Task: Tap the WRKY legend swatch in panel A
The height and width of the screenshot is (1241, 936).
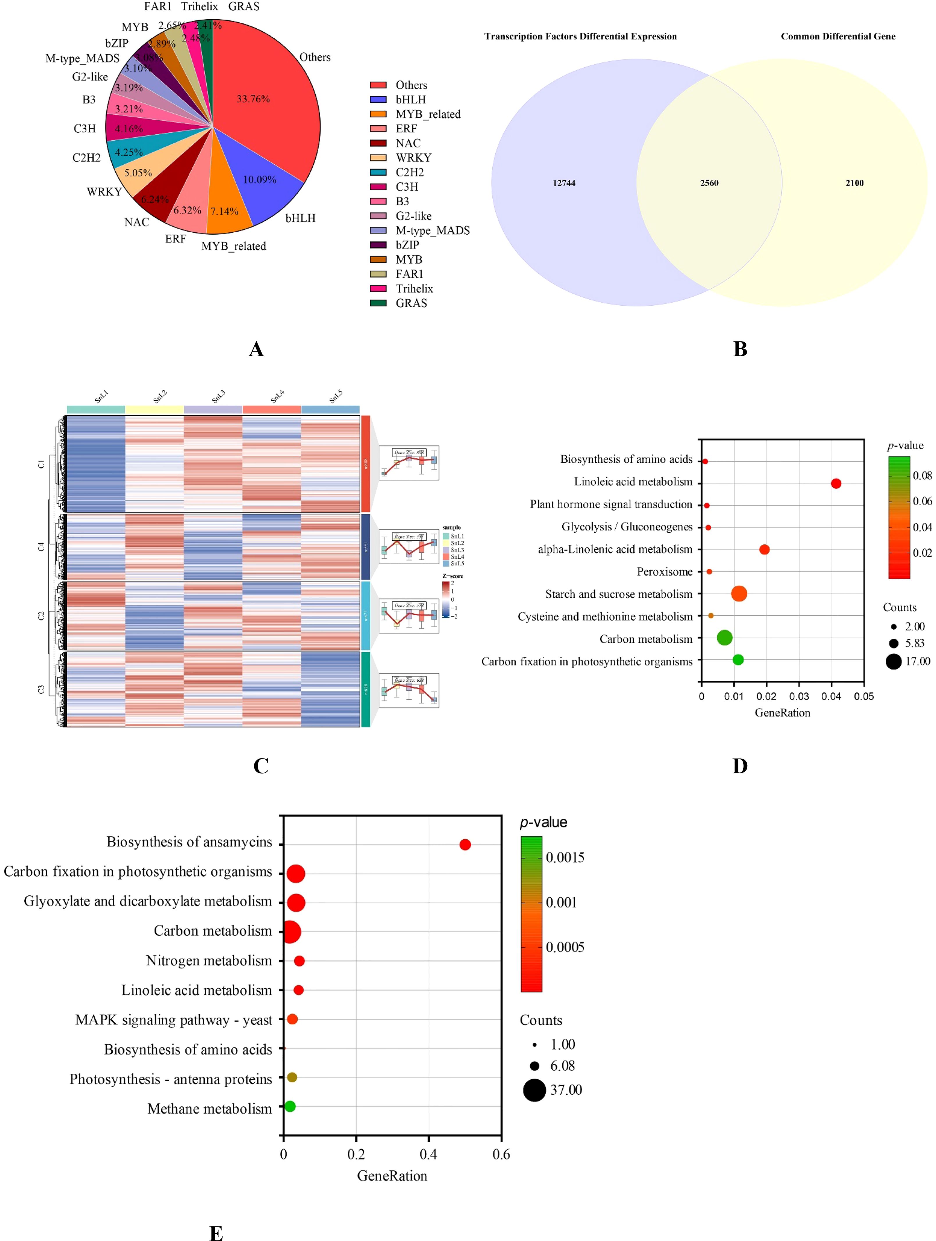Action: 378,158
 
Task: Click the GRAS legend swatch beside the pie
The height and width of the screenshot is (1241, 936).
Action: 378,303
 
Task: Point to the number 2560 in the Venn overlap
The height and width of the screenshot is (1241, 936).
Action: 709,183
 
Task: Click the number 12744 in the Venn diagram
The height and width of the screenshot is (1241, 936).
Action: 564,183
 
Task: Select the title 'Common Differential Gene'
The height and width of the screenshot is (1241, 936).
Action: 838,37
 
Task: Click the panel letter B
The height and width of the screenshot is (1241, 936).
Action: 740,349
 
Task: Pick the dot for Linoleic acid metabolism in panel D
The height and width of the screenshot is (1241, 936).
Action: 835,484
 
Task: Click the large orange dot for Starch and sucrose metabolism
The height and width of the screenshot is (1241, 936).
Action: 739,594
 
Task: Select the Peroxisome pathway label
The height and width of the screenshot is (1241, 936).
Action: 664,572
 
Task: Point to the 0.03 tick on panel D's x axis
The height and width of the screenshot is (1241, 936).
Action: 799,696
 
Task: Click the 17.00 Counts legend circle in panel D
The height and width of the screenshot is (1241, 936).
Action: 893,662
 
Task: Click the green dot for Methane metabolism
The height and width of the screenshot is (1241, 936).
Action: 290,1106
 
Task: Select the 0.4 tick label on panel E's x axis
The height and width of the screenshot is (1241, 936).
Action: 428,1154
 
